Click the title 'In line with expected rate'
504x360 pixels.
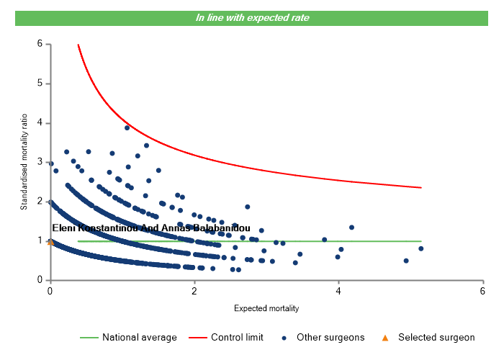point(252,18)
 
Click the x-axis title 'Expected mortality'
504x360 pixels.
point(266,308)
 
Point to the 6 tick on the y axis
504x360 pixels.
point(40,44)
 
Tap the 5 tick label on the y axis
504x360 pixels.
point(40,84)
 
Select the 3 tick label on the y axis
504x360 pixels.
point(40,162)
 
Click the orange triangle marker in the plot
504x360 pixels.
point(50,242)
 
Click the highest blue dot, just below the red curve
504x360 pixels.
point(127,127)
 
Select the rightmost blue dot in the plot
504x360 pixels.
point(421,248)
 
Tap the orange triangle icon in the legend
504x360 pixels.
point(384,337)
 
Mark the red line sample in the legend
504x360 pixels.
point(197,337)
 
